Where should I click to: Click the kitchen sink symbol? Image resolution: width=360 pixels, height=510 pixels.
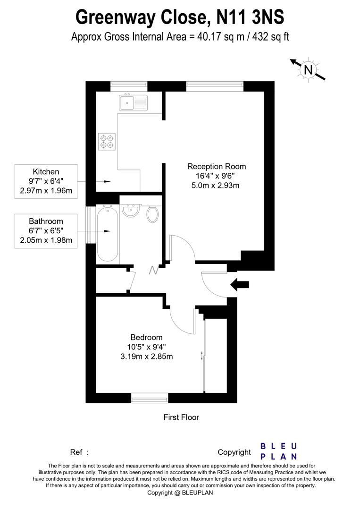coord(134,102)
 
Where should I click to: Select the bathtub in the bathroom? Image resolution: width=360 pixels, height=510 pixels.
coord(108,232)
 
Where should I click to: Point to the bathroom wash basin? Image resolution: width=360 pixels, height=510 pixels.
coord(131,212)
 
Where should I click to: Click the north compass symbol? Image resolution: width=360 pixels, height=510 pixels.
coord(308,70)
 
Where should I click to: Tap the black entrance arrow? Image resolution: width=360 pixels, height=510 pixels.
coord(239,284)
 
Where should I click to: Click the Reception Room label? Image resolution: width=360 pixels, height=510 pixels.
coord(217,166)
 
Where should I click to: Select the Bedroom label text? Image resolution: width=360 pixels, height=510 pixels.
coord(146,337)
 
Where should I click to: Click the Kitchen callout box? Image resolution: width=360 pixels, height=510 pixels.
coord(46,180)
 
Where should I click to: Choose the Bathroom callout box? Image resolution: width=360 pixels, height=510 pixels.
coord(46,230)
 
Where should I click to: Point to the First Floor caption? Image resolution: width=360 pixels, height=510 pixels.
coord(181,417)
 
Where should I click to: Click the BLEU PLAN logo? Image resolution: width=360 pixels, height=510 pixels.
coord(279,451)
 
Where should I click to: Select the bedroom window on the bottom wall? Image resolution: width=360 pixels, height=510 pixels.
coord(149,399)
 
